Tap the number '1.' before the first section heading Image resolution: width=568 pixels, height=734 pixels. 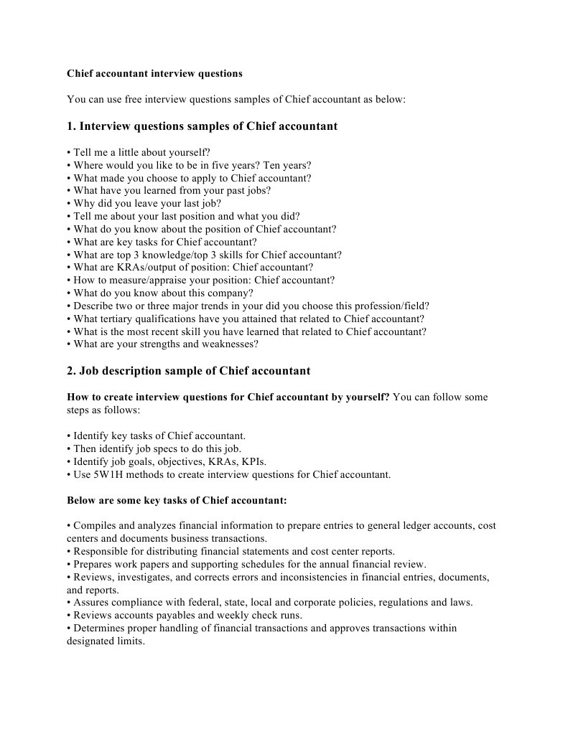[x=71, y=126]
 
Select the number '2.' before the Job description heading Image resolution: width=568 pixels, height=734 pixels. [x=71, y=371]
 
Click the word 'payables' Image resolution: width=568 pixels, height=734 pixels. [x=172, y=616]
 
